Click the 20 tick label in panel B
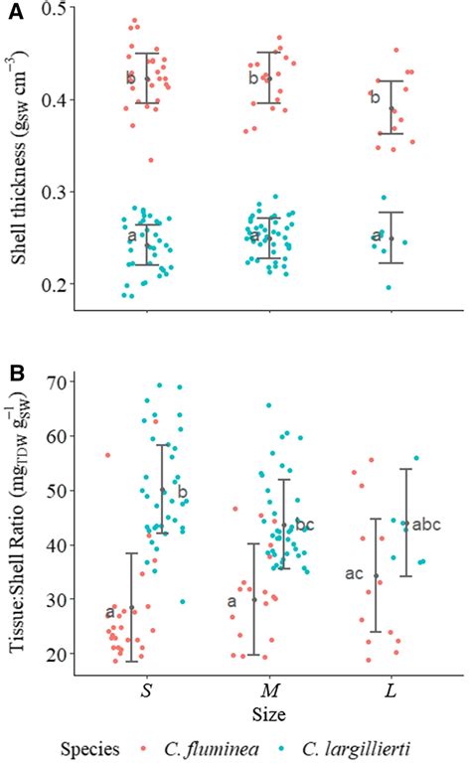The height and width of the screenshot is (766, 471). pyautogui.click(x=63, y=654)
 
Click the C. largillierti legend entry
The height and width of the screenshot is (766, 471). pyautogui.click(x=367, y=747)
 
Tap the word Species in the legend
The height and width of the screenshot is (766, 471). pyautogui.click(x=89, y=747)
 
